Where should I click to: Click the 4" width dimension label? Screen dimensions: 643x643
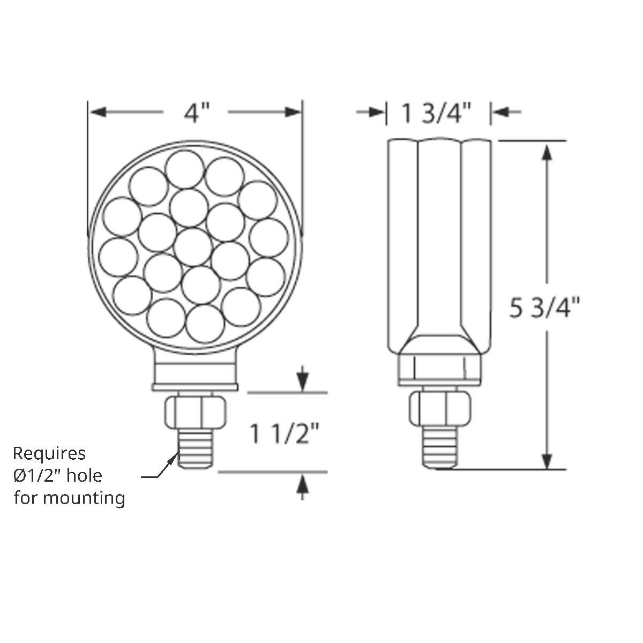point(196,113)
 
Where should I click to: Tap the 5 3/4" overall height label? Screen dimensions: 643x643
point(545,309)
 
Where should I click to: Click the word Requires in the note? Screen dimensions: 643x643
point(49,453)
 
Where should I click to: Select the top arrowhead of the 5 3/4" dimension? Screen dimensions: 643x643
point(547,151)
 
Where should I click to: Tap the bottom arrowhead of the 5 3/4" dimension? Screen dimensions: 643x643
point(547,460)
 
